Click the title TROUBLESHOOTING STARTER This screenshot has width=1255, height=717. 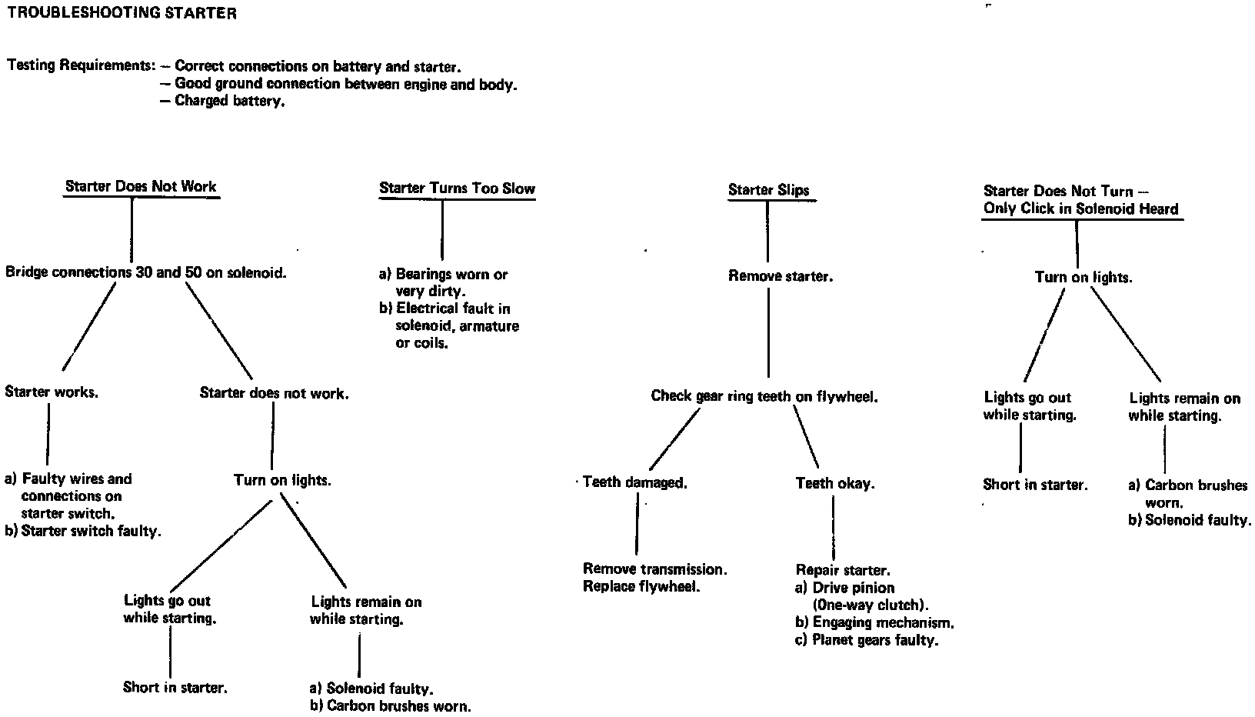[122, 13]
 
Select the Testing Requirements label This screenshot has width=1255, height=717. [81, 65]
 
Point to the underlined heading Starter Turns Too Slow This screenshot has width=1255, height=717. [457, 188]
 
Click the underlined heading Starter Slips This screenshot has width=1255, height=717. [768, 190]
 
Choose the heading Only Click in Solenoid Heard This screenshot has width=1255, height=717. [1080, 208]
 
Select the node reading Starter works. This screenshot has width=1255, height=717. [52, 392]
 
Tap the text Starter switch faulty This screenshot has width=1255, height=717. [91, 531]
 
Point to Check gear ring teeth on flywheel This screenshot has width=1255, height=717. [764, 396]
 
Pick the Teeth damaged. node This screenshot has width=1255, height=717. [634, 482]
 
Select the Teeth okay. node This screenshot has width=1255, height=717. [835, 483]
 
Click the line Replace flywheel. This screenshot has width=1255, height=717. [641, 586]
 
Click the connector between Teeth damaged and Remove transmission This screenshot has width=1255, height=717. [637, 524]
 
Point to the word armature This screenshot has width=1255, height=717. [491, 326]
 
